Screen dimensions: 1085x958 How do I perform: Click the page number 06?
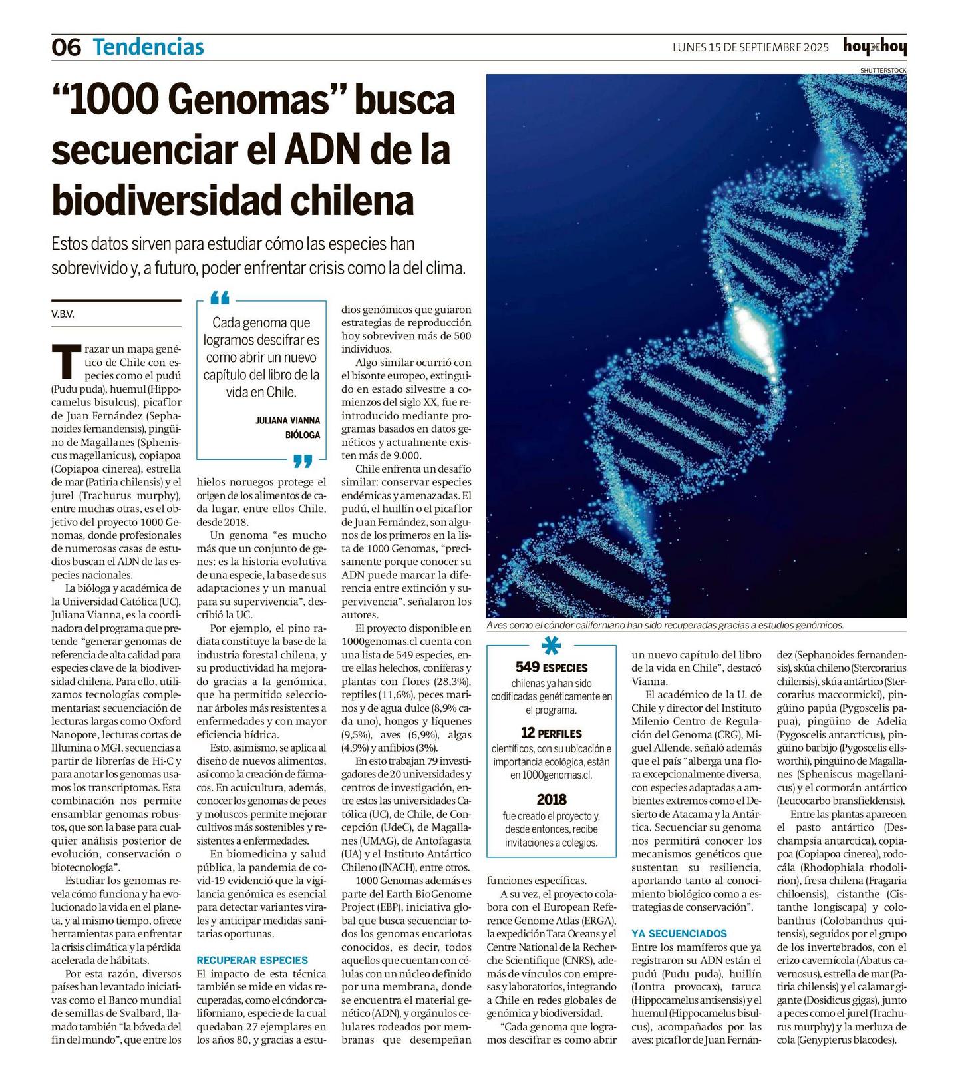[x=66, y=47]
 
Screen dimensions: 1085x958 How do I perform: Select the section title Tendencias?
[x=148, y=47]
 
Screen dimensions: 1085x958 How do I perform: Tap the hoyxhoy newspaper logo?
[x=874, y=46]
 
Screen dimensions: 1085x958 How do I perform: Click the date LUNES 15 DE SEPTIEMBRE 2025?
[x=750, y=47]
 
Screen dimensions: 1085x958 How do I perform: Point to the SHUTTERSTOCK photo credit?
[x=882, y=70]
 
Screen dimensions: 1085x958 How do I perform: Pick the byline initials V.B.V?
[x=63, y=314]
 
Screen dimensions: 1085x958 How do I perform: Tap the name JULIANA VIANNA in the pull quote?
[x=287, y=420]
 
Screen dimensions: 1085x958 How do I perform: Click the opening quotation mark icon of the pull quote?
[x=220, y=297]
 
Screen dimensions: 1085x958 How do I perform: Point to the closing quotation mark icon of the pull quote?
[x=303, y=461]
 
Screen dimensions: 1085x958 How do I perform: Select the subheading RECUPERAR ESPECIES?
[x=252, y=960]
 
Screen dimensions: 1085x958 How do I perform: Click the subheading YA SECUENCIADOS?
[x=679, y=933]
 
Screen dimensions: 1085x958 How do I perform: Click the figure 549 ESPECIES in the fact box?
[x=552, y=667]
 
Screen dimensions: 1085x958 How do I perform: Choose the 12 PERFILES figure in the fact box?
[x=552, y=733]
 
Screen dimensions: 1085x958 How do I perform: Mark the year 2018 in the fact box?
[x=552, y=799]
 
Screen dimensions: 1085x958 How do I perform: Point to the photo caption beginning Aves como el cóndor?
[x=665, y=625]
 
